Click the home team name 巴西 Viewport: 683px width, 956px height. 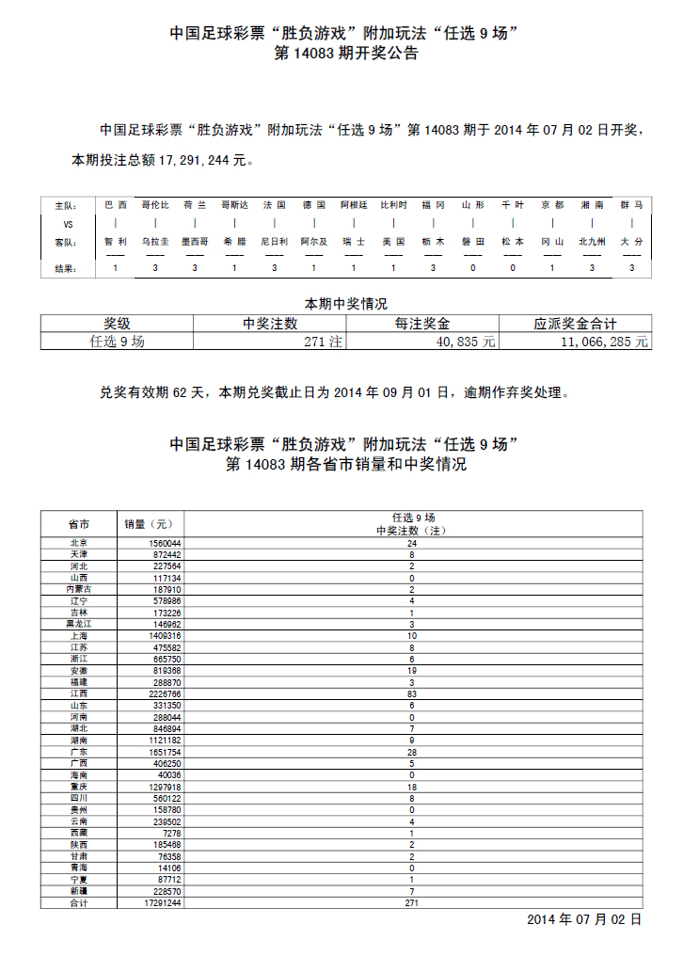(x=116, y=204)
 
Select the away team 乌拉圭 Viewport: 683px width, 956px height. (x=155, y=242)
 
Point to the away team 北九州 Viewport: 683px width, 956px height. (x=592, y=242)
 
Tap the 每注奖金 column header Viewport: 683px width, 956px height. (x=422, y=324)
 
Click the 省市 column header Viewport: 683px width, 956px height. (x=79, y=523)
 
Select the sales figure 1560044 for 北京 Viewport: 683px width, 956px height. (x=165, y=544)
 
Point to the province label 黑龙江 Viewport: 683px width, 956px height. (x=79, y=624)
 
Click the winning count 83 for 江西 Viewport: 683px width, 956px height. (x=412, y=693)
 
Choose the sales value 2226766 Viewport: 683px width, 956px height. (x=165, y=693)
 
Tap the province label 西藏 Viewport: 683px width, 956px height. (x=79, y=833)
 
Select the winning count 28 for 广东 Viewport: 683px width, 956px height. (x=412, y=752)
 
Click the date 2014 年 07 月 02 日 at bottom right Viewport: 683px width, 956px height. (x=583, y=919)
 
